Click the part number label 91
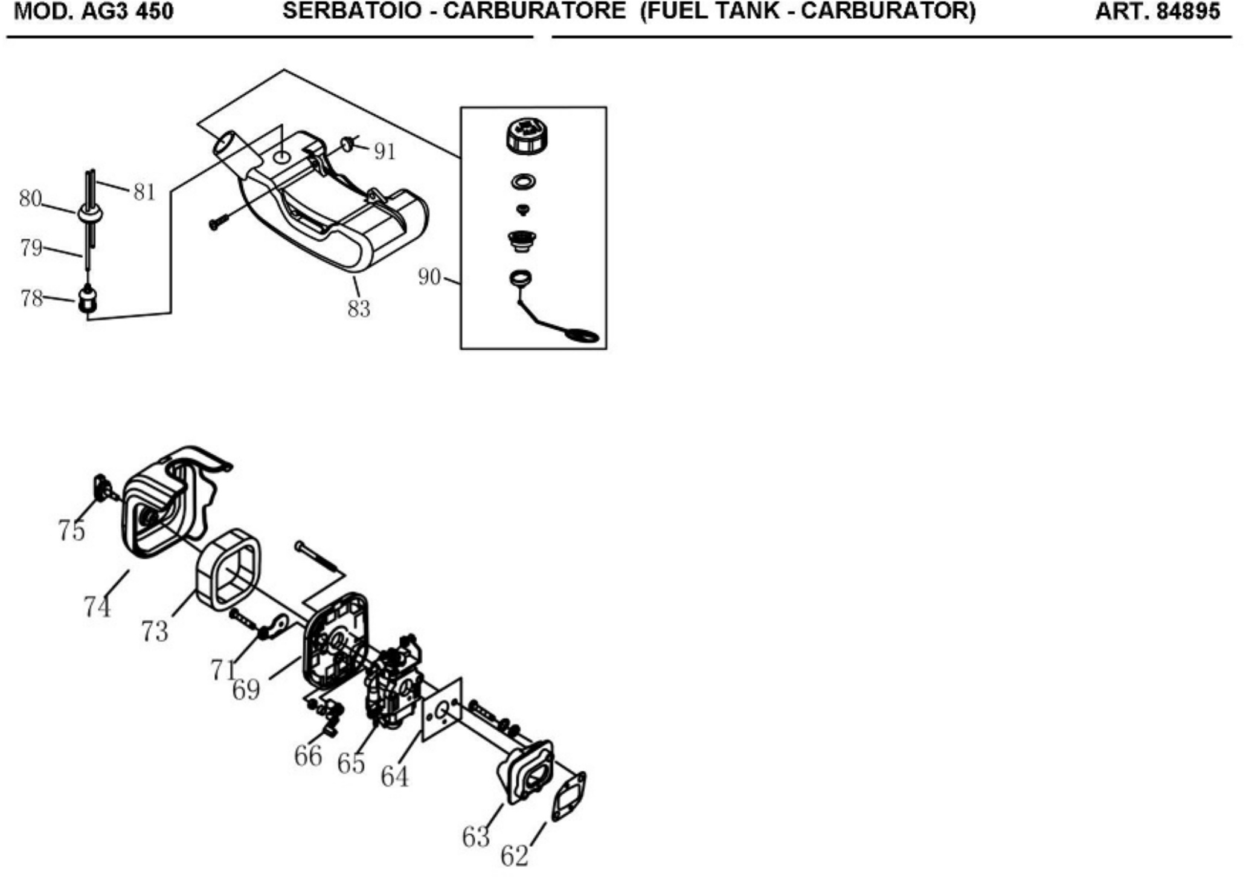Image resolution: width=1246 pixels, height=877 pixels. [385, 151]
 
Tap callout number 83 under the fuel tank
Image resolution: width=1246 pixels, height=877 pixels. [359, 309]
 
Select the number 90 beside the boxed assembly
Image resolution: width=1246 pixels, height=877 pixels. [429, 277]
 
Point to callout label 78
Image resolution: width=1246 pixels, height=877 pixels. [32, 298]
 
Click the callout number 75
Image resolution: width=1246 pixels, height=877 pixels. [71, 530]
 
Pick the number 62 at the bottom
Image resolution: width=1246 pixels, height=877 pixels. [515, 856]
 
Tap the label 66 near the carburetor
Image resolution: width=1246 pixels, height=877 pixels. [308, 756]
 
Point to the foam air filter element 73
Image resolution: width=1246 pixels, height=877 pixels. [226, 568]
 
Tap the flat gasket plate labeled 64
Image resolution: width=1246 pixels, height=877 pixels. [442, 709]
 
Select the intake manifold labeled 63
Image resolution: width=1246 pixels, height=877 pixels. [525, 773]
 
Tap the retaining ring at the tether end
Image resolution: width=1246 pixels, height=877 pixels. [582, 335]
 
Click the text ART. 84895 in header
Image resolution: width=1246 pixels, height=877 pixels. [1157, 12]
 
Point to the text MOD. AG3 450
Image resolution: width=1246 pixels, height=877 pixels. [94, 12]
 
